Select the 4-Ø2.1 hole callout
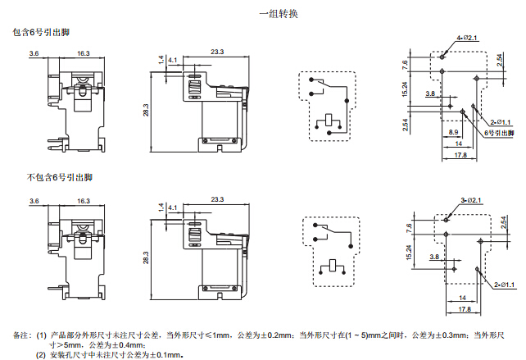click(x=465, y=39)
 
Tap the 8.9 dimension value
click(x=454, y=132)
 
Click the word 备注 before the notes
click(x=21, y=335)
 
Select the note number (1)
click(x=41, y=335)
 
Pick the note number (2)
click(x=41, y=355)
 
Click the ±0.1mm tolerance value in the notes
click(x=163, y=355)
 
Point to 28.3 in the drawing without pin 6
click(x=147, y=257)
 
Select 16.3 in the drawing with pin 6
click(x=84, y=52)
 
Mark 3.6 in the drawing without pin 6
click(x=34, y=200)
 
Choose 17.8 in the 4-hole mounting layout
click(x=460, y=154)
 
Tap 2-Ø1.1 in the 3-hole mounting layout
click(x=504, y=285)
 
